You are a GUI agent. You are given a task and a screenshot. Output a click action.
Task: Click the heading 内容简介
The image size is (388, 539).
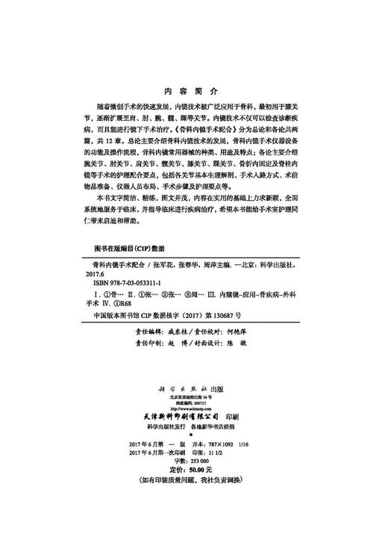194,87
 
